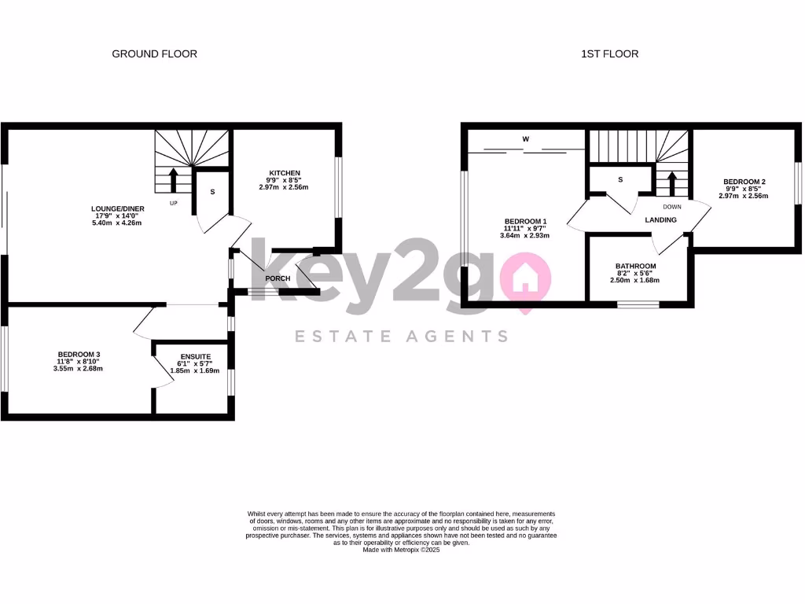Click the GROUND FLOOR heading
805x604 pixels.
coord(154,54)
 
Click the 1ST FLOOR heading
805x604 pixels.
coord(609,54)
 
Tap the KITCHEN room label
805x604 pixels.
coord(285,173)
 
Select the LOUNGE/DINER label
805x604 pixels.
coord(116,209)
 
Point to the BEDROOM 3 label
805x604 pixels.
coord(79,354)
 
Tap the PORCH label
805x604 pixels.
coord(278,278)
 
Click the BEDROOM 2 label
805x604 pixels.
coord(744,182)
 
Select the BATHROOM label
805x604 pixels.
coord(635,266)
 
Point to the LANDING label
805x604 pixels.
coord(660,220)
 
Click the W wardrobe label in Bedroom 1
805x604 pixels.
coord(526,140)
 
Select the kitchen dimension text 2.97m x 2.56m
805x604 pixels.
coord(285,187)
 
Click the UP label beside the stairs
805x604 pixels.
coord(175,204)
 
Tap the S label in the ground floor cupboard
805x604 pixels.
coord(212,192)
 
